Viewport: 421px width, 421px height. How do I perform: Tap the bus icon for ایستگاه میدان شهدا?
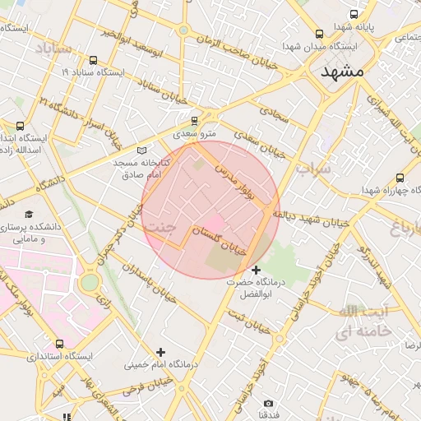click(320, 34)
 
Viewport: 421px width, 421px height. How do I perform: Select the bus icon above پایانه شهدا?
click(354, 14)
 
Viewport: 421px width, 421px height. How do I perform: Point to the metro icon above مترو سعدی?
click(195, 119)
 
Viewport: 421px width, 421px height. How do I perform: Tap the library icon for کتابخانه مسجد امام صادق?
click(142, 150)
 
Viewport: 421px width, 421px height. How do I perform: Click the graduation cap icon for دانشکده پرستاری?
click(30, 214)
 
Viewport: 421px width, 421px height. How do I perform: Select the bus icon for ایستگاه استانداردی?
click(58, 344)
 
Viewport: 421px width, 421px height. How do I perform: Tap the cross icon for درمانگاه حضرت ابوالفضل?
click(257, 270)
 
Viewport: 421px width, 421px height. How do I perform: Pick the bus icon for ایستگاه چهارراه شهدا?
click(400, 178)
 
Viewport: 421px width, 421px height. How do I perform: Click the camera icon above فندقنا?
click(268, 403)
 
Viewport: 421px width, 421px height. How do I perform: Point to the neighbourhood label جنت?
click(160, 227)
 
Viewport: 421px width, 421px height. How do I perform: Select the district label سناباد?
click(53, 50)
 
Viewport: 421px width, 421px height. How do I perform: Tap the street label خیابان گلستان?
click(219, 243)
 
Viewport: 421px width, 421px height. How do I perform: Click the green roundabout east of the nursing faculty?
click(90, 283)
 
